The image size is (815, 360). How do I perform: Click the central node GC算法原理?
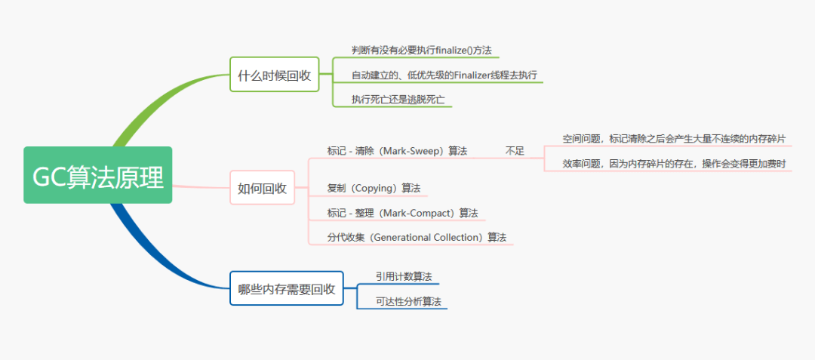point(98,175)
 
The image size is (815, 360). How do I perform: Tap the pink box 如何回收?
point(262,187)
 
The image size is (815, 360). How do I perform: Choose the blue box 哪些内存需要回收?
point(286,288)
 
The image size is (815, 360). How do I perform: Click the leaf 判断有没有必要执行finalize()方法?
point(422,50)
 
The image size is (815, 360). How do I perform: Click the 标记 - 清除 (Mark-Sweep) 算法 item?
point(397,151)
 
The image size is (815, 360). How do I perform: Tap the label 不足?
point(515,151)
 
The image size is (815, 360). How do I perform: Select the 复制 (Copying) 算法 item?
point(374,188)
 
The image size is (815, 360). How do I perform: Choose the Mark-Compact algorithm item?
point(402,213)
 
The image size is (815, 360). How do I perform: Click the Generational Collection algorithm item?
point(417,237)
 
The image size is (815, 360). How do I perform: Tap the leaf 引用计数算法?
point(404,276)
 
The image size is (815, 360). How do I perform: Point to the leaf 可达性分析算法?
point(408,301)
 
